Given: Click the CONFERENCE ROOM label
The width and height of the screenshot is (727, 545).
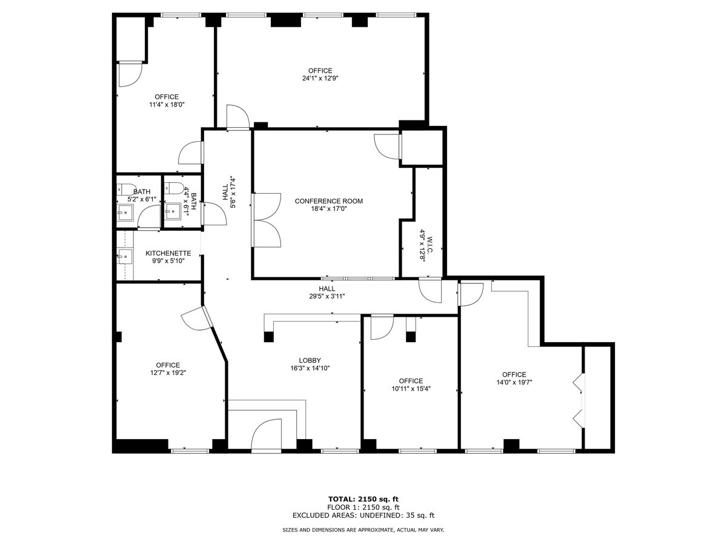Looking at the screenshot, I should click(x=328, y=201).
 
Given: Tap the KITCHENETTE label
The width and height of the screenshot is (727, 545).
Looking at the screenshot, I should click(x=168, y=253).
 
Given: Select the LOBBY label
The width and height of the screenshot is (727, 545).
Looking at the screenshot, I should click(x=310, y=359).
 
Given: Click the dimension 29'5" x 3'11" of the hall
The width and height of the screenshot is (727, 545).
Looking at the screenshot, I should click(x=327, y=297).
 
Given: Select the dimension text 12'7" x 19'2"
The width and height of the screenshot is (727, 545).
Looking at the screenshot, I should click(x=167, y=373).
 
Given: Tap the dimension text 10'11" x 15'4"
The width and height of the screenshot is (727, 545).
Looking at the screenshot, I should click(x=411, y=389).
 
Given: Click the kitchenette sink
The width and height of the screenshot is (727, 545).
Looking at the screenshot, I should click(x=125, y=257).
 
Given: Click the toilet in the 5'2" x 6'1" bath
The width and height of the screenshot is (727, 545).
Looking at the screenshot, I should click(x=127, y=188).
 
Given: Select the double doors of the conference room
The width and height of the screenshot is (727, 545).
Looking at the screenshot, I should click(x=267, y=220).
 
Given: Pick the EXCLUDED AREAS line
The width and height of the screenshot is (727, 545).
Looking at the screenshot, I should click(x=363, y=516).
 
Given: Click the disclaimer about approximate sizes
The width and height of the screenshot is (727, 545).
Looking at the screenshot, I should click(x=363, y=530).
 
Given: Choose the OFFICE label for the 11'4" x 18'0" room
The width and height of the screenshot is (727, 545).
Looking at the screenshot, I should click(x=167, y=97).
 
